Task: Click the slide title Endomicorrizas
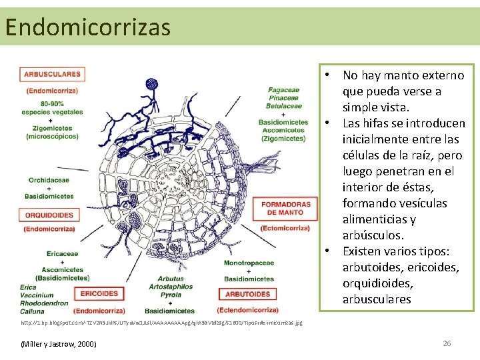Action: pyautogui.click(x=87, y=27)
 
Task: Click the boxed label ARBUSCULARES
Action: pyautogui.click(x=52, y=75)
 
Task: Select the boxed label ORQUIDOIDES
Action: pyautogui.click(x=50, y=215)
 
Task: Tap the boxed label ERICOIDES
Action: pyautogui.click(x=99, y=293)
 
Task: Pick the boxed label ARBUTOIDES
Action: pyautogui.click(x=248, y=294)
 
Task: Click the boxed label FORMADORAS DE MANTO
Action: pyautogui.click(x=285, y=208)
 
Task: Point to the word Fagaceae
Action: pyautogui.click(x=284, y=90)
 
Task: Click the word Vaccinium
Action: pyautogui.click(x=37, y=295)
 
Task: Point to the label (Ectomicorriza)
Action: pyautogui.click(x=285, y=228)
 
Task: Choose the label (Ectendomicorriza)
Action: pyautogui.click(x=248, y=310)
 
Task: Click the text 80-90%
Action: pyautogui.click(x=52, y=104)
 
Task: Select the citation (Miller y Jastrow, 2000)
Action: pyautogui.click(x=59, y=343)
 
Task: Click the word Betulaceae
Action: pyautogui.click(x=284, y=106)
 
